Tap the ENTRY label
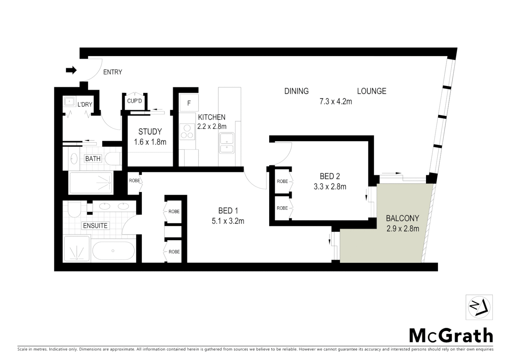[113, 72]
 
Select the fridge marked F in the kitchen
[189, 103]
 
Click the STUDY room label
[150, 132]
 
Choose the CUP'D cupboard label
[134, 101]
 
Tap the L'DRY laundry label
[85, 104]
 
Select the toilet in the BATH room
[113, 159]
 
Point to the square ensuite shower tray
[77, 249]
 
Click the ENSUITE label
[95, 226]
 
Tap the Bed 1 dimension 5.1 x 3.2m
[228, 221]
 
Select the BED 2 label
[330, 176]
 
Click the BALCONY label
[402, 218]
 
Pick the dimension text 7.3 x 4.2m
[335, 102]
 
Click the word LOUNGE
[371, 91]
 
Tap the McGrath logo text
[451, 335]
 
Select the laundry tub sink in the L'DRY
[70, 101]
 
